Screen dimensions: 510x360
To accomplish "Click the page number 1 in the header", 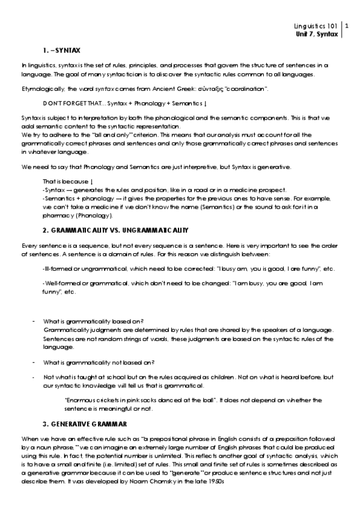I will click(347, 26).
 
